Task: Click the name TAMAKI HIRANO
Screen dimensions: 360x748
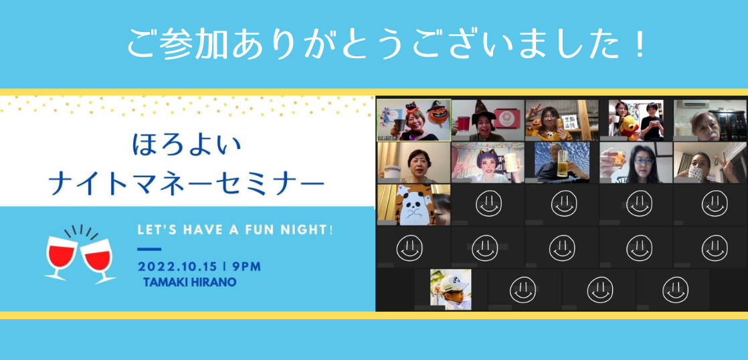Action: point(189,282)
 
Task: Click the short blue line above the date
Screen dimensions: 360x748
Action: point(144,250)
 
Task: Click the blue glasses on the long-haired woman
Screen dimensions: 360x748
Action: point(643,161)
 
